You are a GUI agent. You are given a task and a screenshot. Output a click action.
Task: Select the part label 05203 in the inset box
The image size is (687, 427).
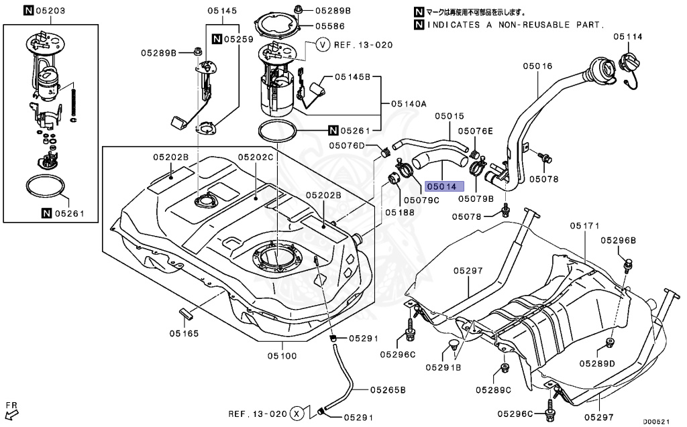click(51, 11)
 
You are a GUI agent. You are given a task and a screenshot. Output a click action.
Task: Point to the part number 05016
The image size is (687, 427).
click(537, 66)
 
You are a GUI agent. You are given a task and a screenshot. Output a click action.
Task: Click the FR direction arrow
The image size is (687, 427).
click(12, 408)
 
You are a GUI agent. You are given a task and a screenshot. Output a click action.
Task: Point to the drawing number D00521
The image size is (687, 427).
click(657, 422)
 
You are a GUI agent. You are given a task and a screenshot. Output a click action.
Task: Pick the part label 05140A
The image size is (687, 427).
click(409, 104)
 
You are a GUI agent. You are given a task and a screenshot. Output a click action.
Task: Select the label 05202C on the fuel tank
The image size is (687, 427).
click(256, 157)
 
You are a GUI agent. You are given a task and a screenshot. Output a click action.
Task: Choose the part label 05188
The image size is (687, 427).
click(399, 211)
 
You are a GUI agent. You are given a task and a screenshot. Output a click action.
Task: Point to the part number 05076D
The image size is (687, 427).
click(347, 145)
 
